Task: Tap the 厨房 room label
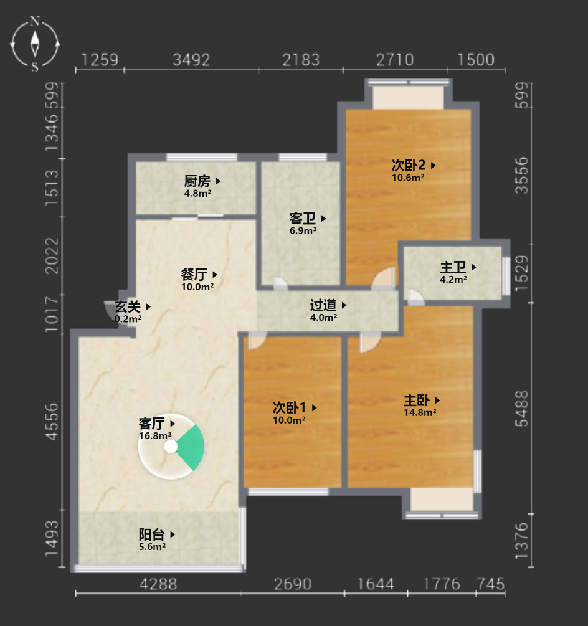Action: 197,181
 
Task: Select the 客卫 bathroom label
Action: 303,219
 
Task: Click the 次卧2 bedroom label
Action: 409,165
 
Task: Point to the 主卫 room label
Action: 453,267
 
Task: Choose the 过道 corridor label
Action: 323,305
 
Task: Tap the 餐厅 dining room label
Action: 194,275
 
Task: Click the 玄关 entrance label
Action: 128,306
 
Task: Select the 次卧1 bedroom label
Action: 290,407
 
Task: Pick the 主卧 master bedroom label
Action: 417,401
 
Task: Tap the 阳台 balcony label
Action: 152,534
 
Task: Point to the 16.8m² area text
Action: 155,435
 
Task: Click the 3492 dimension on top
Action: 191,60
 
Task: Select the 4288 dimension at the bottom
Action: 158,584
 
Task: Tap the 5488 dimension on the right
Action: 521,409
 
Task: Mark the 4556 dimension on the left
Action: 52,422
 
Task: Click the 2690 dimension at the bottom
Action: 293,584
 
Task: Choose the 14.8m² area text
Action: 420,412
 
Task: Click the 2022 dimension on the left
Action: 52,256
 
